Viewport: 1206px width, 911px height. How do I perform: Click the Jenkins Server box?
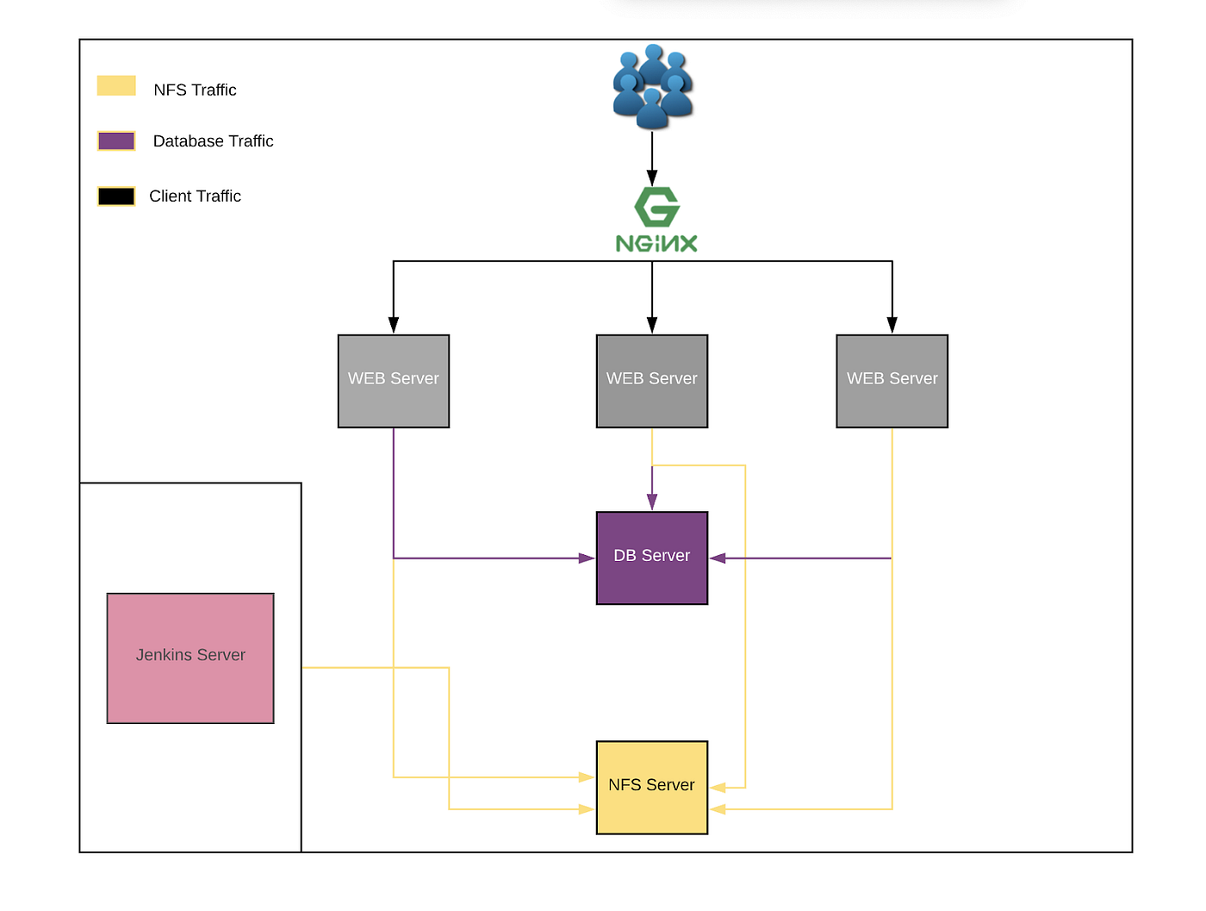click(x=190, y=658)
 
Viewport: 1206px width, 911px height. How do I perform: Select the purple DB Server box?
click(x=651, y=558)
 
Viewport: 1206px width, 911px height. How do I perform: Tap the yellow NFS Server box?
click(x=651, y=787)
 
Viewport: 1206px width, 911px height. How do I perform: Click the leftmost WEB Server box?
click(x=394, y=381)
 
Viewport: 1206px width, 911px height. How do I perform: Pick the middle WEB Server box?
click(x=651, y=381)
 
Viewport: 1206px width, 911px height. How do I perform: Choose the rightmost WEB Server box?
click(x=892, y=381)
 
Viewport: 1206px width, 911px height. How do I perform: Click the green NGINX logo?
click(x=656, y=221)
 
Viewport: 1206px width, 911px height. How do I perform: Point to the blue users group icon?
click(x=652, y=86)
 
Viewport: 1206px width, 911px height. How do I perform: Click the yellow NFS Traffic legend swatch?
click(x=116, y=85)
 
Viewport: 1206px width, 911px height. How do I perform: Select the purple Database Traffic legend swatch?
click(x=116, y=141)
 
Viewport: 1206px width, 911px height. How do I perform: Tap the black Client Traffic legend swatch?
click(x=116, y=197)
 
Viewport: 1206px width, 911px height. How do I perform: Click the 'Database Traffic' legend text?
click(x=213, y=141)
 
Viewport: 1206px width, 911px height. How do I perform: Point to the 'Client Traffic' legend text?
click(x=195, y=197)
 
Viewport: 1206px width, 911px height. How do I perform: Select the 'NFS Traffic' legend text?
click(x=195, y=90)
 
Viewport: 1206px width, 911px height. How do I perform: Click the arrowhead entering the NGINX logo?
click(x=652, y=178)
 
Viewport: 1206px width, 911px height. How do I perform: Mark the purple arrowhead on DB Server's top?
click(x=652, y=502)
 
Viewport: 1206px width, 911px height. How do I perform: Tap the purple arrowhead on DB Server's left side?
click(x=587, y=558)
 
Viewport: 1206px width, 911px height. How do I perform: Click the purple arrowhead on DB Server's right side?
click(x=718, y=558)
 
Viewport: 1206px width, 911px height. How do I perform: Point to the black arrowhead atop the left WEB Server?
click(x=394, y=325)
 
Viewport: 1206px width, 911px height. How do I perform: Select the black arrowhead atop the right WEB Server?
click(x=892, y=325)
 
